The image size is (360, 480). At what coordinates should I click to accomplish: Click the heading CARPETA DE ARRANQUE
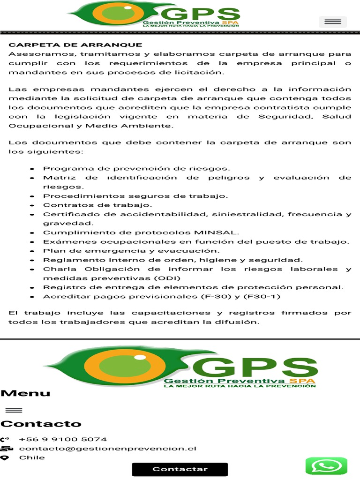click(75, 45)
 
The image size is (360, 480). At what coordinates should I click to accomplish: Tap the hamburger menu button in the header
click(333, 22)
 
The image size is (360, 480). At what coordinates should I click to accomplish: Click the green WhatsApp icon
click(326, 466)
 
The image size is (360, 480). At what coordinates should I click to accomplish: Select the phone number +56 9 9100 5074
click(63, 439)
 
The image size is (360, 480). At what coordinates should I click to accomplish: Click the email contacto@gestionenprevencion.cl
click(107, 448)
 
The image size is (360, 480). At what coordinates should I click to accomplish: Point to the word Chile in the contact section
click(32, 457)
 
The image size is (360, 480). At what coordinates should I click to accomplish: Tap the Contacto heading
click(41, 424)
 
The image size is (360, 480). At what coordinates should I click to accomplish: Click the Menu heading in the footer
click(25, 393)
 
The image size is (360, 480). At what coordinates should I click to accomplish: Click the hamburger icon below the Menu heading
click(14, 410)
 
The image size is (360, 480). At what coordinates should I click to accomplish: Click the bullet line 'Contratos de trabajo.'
click(98, 205)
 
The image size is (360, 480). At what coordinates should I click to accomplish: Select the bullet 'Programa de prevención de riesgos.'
click(137, 168)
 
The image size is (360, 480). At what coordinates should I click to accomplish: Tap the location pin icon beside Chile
click(5, 458)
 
